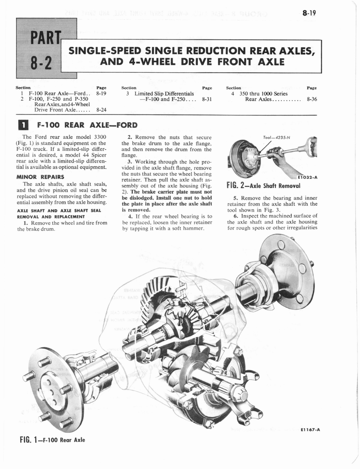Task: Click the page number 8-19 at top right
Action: tap(310, 13)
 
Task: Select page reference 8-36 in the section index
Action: tap(311, 98)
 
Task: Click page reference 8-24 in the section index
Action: tap(101, 110)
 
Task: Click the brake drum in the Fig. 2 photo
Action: tap(244, 159)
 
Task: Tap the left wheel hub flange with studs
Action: tap(55, 389)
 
